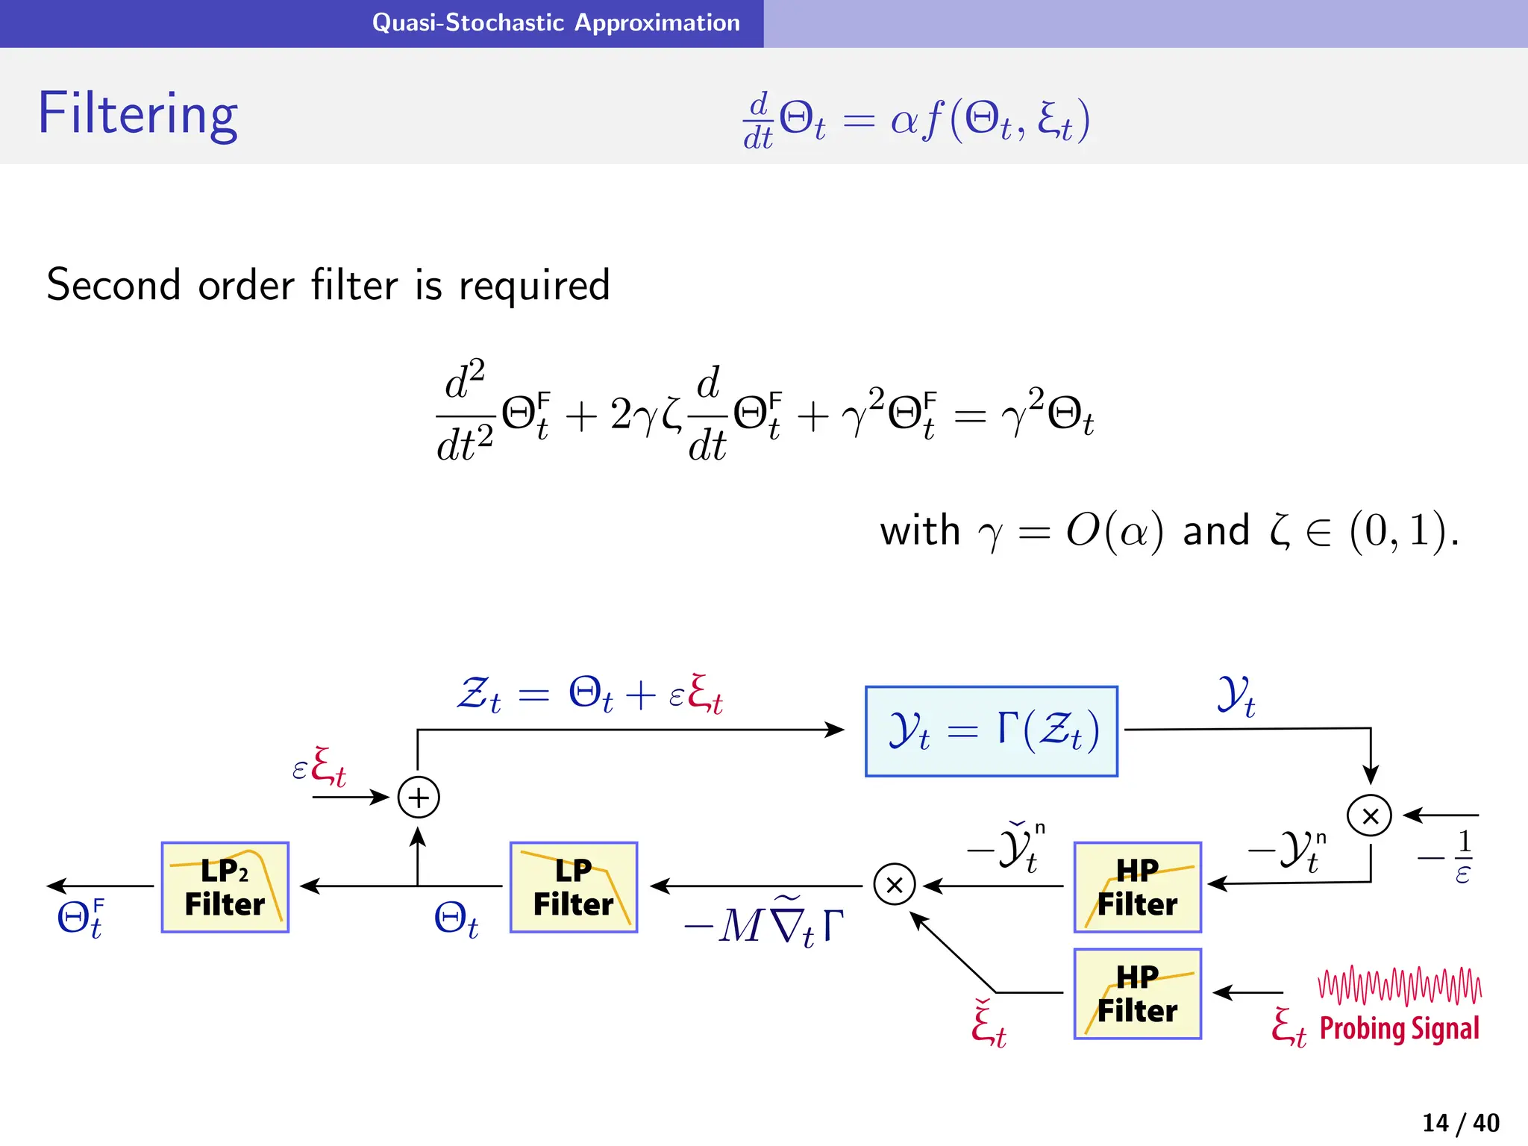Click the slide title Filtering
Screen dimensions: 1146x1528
[138, 113]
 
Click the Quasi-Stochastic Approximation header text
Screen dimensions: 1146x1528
[556, 22]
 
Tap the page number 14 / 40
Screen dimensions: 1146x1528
[1460, 1122]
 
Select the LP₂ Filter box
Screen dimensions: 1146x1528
[225, 887]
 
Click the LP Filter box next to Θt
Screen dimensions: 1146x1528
[574, 887]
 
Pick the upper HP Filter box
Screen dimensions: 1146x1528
[1137, 887]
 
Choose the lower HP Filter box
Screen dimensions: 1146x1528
[1137, 994]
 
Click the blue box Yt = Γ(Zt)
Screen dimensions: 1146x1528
[992, 731]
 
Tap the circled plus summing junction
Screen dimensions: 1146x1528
[419, 798]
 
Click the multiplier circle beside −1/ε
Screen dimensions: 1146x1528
[1369, 815]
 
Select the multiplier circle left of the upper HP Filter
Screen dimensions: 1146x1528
[894, 884]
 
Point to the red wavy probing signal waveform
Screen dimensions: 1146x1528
[1400, 986]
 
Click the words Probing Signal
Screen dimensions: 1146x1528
[1399, 1029]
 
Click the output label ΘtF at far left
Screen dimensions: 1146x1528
[81, 918]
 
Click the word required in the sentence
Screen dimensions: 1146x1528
[534, 286]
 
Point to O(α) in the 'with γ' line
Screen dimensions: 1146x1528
[1114, 531]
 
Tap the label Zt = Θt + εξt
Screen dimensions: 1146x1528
[589, 694]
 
